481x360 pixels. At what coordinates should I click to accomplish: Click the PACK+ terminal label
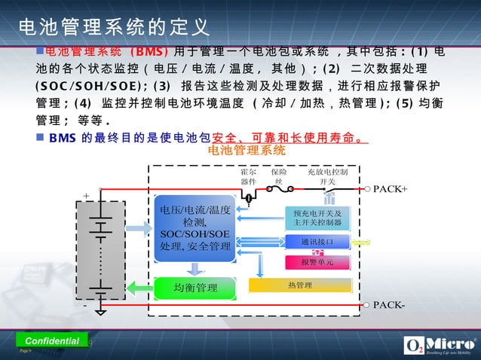(x=391, y=188)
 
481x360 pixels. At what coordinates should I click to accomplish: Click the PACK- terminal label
(x=389, y=305)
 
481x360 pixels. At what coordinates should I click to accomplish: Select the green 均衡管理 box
(x=195, y=288)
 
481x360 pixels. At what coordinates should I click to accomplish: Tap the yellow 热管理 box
(x=299, y=285)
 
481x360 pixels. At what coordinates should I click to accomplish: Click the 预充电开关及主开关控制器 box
(x=317, y=218)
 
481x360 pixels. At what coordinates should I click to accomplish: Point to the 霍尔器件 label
(x=248, y=176)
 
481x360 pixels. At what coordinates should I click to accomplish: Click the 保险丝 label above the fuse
(x=277, y=176)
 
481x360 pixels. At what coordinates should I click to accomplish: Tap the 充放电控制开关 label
(x=327, y=176)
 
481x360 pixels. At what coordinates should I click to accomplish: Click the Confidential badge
(x=52, y=340)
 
